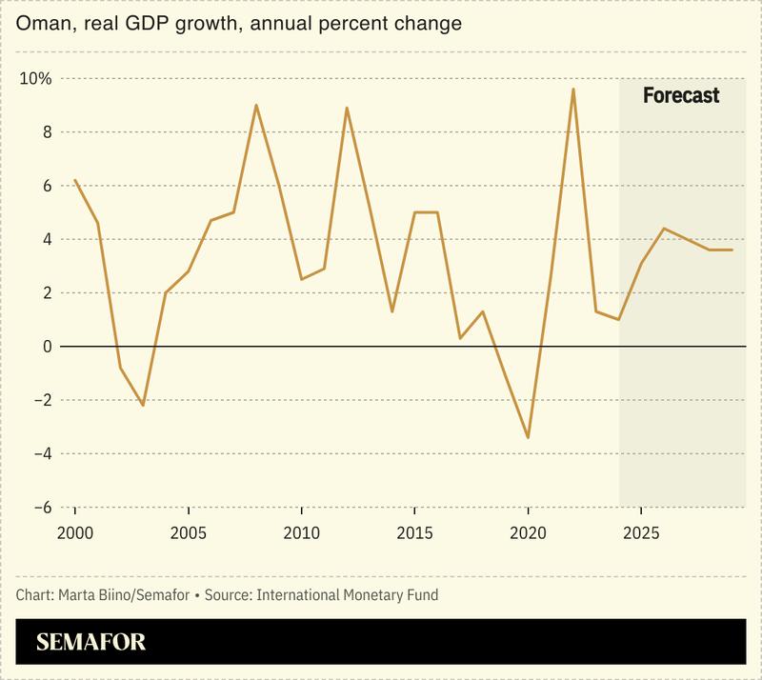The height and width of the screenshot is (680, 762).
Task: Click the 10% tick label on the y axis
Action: coord(35,78)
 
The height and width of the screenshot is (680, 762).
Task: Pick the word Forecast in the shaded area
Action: coord(681,95)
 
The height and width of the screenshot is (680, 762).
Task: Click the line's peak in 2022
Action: coord(572,89)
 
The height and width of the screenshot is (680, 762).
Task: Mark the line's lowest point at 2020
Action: coord(528,438)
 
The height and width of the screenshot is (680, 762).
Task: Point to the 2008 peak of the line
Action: coord(256,105)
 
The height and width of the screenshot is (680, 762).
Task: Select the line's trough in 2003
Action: coord(143,406)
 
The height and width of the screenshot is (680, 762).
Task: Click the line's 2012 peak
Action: coord(347,108)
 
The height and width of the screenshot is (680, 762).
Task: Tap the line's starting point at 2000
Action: coord(74,180)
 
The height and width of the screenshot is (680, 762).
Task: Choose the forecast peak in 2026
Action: coord(664,229)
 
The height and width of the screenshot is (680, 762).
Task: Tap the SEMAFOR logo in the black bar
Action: coord(91,642)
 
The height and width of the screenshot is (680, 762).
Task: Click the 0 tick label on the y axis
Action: coord(45,347)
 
